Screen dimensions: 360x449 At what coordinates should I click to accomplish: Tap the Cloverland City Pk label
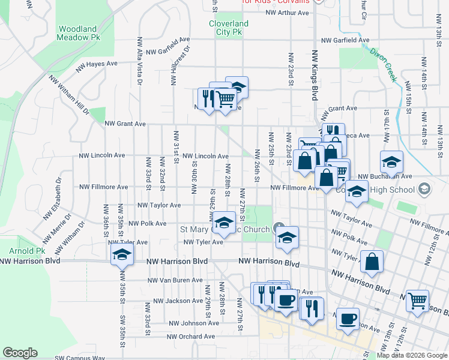pos(228,28)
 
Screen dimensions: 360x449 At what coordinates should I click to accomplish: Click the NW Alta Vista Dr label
pos(139,60)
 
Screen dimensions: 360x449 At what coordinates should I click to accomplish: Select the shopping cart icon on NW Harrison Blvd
pos(417,300)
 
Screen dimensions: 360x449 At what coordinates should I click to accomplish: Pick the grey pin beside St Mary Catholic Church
pos(279,228)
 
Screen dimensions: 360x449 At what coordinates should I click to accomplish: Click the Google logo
pos(20,353)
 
